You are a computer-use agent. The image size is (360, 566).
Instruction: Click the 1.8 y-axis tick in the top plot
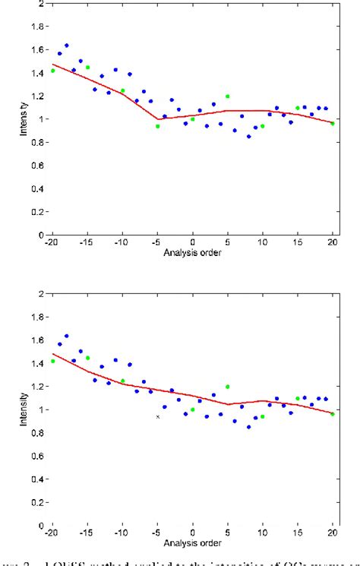[x=36, y=26]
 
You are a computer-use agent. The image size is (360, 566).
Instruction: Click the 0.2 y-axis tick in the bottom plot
[x=36, y=502]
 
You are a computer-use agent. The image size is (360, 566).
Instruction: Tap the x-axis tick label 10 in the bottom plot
[x=262, y=533]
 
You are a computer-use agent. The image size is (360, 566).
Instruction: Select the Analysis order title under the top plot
[x=192, y=253]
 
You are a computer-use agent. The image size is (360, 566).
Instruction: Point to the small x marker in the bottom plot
[x=158, y=416]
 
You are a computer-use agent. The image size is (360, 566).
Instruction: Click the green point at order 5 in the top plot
[x=227, y=96]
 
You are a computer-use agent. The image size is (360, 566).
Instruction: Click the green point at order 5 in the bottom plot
[x=227, y=387]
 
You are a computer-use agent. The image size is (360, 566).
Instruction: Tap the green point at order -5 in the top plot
[x=157, y=126]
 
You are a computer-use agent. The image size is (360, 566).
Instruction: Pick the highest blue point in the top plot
[x=66, y=46]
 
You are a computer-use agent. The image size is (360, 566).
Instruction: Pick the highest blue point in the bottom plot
[x=66, y=336]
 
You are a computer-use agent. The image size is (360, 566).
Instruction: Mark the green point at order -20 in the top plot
[x=52, y=71]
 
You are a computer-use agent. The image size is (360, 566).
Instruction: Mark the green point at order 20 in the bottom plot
[x=333, y=414]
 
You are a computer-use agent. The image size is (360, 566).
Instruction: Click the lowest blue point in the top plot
[x=248, y=137]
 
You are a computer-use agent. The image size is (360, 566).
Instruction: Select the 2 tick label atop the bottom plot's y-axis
[x=39, y=293]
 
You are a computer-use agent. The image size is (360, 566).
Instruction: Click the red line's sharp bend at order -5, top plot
[x=157, y=119]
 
